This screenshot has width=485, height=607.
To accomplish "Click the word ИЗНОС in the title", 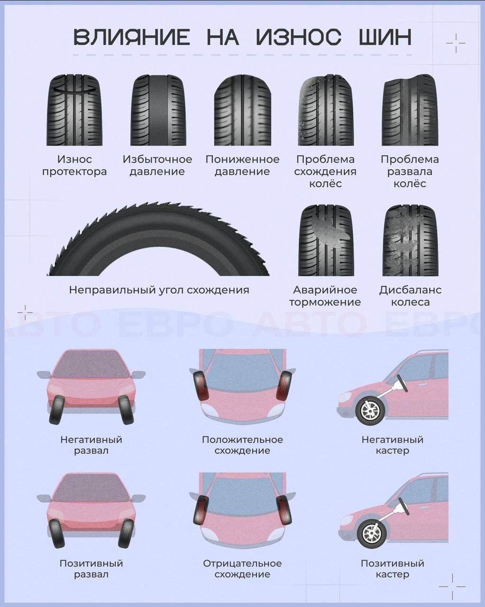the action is pyautogui.click(x=299, y=37).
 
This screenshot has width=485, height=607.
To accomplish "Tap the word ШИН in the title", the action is pyautogui.click(x=385, y=37).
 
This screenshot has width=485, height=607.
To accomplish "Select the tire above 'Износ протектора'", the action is pyautogui.click(x=74, y=110).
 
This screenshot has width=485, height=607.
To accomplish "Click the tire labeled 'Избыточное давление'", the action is pyautogui.click(x=158, y=110).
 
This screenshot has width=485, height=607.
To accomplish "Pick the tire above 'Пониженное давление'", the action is pyautogui.click(x=243, y=110).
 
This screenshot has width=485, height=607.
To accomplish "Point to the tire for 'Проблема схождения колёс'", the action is pyautogui.click(x=326, y=110).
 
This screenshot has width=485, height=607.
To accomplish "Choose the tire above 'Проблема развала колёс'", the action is pyautogui.click(x=410, y=110).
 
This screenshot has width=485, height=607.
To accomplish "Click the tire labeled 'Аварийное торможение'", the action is pyautogui.click(x=326, y=240).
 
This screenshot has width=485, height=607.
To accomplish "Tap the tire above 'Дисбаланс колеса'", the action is pyautogui.click(x=411, y=240).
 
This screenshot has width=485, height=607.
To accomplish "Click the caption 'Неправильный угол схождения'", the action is pyautogui.click(x=159, y=290).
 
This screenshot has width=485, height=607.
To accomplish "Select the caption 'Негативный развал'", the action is pyautogui.click(x=91, y=445).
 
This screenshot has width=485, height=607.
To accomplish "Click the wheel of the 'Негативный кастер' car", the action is pyautogui.click(x=370, y=411).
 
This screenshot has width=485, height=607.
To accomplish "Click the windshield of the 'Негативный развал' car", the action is pyautogui.click(x=91, y=364).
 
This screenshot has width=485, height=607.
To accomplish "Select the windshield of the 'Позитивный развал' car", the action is pyautogui.click(x=91, y=488).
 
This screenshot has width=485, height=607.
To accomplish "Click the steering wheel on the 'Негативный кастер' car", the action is pyautogui.click(x=403, y=383).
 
